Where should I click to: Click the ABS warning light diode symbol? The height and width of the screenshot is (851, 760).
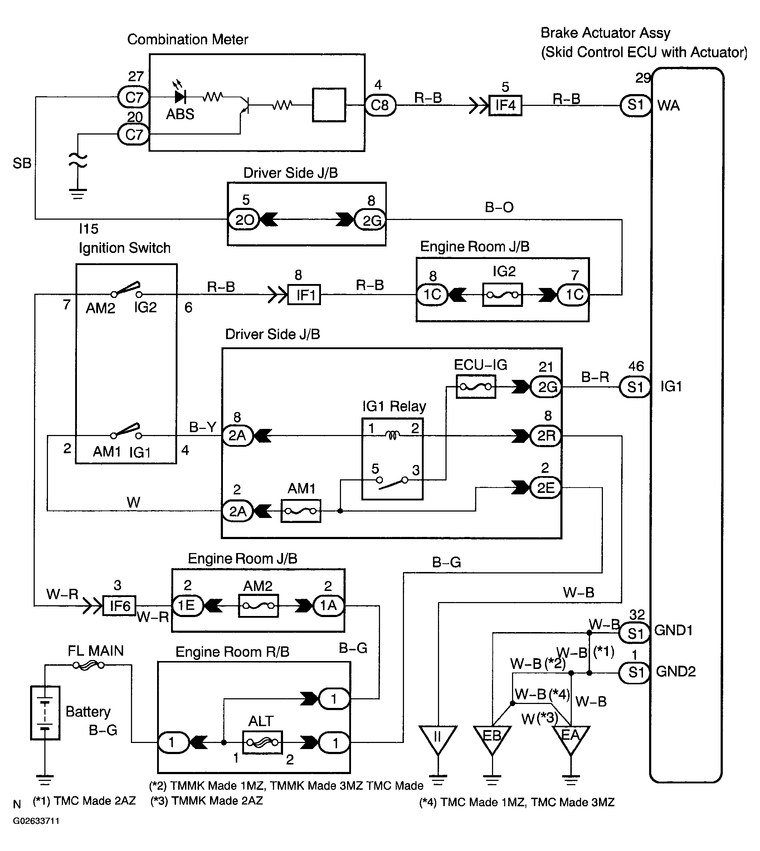180,97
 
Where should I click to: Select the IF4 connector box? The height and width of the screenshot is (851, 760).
505,106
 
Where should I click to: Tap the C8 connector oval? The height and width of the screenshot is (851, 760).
380,105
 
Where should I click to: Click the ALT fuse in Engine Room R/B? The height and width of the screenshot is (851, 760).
262,743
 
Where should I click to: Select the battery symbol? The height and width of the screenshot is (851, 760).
45,713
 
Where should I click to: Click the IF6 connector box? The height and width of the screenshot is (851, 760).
120,605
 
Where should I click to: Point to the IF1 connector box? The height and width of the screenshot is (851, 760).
305,295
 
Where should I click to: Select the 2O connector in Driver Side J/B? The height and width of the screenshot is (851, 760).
244,220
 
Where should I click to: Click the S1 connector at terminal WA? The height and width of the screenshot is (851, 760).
635,105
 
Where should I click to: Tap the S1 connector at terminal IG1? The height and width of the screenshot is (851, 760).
634,387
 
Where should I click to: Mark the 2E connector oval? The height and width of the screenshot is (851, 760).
545,488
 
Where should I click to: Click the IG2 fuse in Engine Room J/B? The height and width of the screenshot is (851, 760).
502,295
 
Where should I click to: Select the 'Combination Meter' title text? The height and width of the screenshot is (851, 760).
187,39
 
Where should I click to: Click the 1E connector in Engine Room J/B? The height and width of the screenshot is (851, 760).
187,606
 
